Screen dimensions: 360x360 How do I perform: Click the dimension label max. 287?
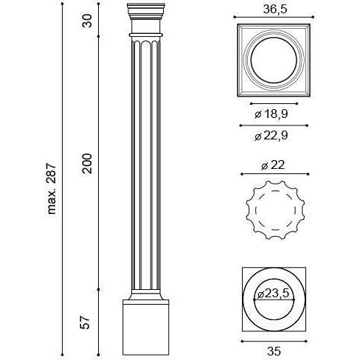point(52,189)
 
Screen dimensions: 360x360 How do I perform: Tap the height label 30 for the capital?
point(86,21)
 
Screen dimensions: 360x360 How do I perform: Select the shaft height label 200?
point(86,164)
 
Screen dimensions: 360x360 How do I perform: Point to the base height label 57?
point(86,322)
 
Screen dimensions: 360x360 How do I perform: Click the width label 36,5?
point(275,10)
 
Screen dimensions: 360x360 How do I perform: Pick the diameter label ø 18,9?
point(271,114)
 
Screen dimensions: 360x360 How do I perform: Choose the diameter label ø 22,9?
point(271,136)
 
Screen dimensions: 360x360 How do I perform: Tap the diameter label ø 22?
point(273,165)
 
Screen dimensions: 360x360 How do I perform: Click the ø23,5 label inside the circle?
point(273,294)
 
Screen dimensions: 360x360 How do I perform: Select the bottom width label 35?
point(274,351)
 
